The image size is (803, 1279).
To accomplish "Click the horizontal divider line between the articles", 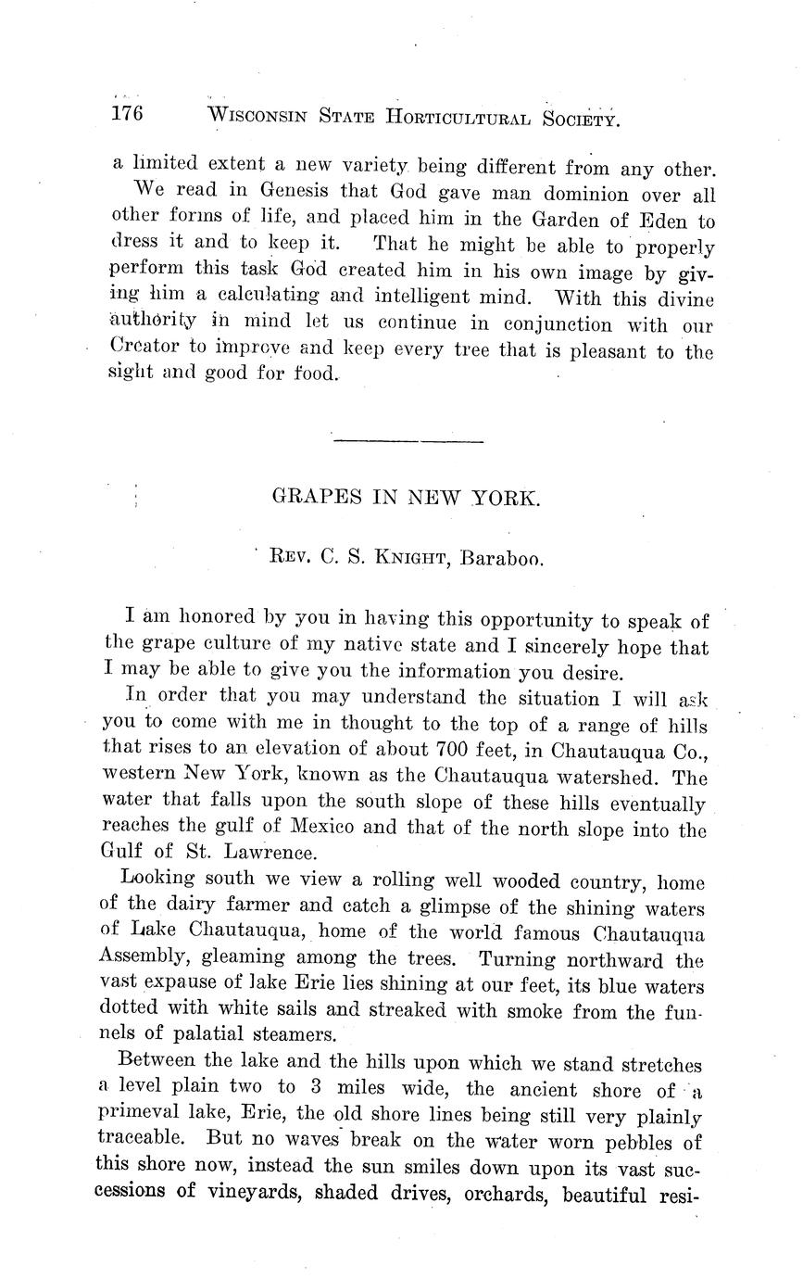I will tap(408, 440).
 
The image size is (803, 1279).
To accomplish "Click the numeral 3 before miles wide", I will tap(316, 1089).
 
